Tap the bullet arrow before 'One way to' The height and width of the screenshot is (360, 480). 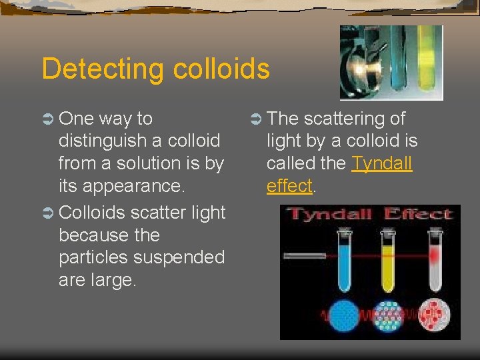pyautogui.click(x=48, y=119)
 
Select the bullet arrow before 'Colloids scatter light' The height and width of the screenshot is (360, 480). pyautogui.click(x=48, y=213)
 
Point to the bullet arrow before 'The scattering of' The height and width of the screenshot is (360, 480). pyautogui.click(x=255, y=119)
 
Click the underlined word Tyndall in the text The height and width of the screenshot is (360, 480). pyautogui.click(x=382, y=163)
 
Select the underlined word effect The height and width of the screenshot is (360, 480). pyautogui.click(x=289, y=186)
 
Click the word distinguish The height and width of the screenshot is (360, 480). pyautogui.click(x=102, y=141)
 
